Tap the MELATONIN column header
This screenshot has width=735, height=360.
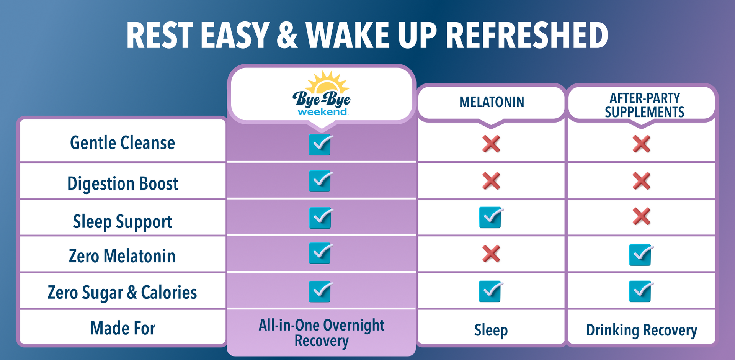[x=492, y=102]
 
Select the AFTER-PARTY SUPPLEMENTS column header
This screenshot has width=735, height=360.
[x=645, y=105]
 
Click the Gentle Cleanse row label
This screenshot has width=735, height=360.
[x=122, y=143]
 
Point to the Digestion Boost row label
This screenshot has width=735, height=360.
[x=122, y=183]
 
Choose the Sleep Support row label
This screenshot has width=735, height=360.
[x=122, y=222]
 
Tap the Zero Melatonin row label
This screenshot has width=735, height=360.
[x=122, y=256]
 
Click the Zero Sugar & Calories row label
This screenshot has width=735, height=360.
[x=122, y=293]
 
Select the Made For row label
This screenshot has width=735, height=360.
[x=122, y=328]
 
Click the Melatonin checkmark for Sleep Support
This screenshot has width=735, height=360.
[x=491, y=218]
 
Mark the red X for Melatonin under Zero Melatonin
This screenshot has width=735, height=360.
[x=491, y=254]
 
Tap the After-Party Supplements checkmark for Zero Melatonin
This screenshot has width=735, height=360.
[x=641, y=255]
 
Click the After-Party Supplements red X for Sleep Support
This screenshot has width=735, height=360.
[x=642, y=216]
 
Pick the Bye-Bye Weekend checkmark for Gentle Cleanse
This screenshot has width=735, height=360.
[x=321, y=144]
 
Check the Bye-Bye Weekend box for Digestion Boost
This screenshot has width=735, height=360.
[x=321, y=181]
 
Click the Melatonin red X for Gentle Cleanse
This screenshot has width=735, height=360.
[x=491, y=144]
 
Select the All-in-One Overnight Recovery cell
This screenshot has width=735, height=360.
[x=322, y=333]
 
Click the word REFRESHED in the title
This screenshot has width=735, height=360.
[x=527, y=35]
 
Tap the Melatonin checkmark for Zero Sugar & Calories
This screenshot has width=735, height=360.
[x=491, y=291]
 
